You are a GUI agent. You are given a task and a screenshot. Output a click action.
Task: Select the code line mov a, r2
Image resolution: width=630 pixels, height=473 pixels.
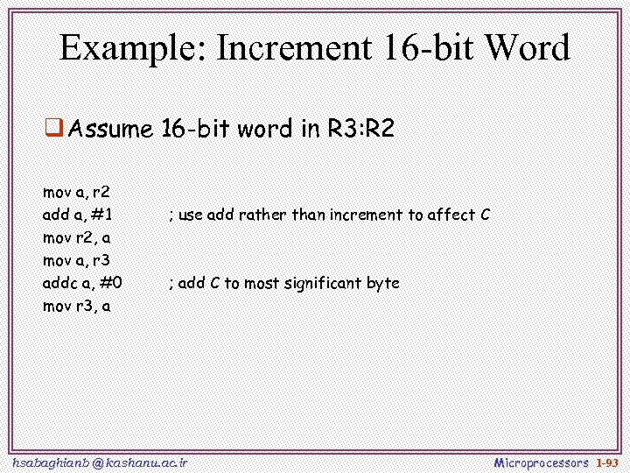click(76, 192)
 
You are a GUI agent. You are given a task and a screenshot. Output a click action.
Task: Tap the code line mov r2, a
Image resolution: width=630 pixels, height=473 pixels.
click(76, 237)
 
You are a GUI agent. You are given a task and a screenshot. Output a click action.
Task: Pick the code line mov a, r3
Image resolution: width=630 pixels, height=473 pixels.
click(76, 260)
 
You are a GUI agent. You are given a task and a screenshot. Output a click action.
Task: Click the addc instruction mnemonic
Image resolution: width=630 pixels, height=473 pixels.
click(59, 283)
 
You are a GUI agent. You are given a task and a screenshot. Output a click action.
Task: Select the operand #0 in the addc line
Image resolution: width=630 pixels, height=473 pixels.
click(112, 283)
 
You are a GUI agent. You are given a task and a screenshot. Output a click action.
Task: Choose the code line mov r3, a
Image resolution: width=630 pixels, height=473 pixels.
click(76, 306)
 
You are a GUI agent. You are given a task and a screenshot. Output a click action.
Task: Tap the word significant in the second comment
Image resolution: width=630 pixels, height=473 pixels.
click(322, 283)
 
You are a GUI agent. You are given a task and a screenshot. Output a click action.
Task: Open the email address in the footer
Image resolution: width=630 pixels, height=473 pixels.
click(101, 462)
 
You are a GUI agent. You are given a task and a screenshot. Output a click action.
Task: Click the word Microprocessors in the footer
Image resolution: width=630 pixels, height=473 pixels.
click(541, 462)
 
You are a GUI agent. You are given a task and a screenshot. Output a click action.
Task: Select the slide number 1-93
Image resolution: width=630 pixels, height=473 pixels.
click(607, 462)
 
